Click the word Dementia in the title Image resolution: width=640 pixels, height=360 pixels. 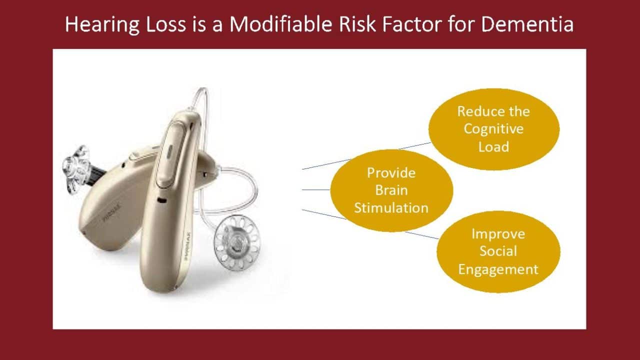[527, 24]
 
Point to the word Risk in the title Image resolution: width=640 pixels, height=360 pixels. [357, 24]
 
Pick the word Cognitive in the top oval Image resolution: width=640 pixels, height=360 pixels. [493, 129]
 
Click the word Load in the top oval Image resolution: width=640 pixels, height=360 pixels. [493, 146]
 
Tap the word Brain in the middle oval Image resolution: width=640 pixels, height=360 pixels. [391, 190]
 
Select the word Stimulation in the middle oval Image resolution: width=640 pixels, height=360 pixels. [391, 207]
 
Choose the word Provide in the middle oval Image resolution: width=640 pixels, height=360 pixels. [391, 173]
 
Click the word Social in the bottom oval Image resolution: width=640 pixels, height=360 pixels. [498, 251]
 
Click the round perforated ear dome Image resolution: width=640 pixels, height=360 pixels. [237, 243]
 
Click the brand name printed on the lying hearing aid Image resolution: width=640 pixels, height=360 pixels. [111, 213]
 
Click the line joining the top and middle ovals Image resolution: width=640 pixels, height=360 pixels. [415, 145]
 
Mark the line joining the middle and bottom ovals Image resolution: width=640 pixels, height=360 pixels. [422, 235]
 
